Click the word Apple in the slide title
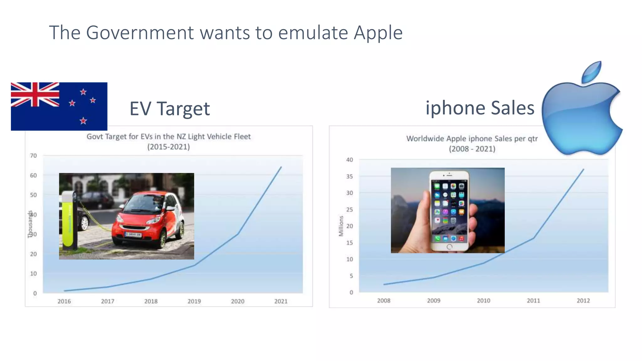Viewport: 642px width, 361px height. pyautogui.click(x=378, y=33)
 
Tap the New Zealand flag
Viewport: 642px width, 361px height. pyautogui.click(x=59, y=106)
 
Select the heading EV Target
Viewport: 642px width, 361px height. pyautogui.click(x=170, y=109)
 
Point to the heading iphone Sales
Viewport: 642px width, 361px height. pyautogui.click(x=480, y=108)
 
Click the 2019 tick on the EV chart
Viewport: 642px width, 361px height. pyautogui.click(x=194, y=301)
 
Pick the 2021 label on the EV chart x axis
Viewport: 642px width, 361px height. pyautogui.click(x=281, y=301)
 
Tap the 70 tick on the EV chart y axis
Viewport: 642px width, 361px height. pyautogui.click(x=33, y=156)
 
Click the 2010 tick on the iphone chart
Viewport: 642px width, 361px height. pyautogui.click(x=483, y=301)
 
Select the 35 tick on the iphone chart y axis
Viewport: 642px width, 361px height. pyautogui.click(x=350, y=176)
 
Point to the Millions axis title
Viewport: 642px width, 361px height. pyautogui.click(x=341, y=226)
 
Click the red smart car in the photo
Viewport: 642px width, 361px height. pyautogui.click(x=147, y=219)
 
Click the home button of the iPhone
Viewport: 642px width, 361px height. pyautogui.click(x=449, y=247)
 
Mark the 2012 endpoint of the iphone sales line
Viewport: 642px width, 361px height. pyautogui.click(x=583, y=169)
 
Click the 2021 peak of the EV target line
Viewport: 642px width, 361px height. pyautogui.click(x=281, y=167)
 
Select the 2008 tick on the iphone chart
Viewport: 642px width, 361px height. pyautogui.click(x=384, y=301)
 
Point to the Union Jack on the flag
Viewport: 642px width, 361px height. pyautogui.click(x=35, y=94)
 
